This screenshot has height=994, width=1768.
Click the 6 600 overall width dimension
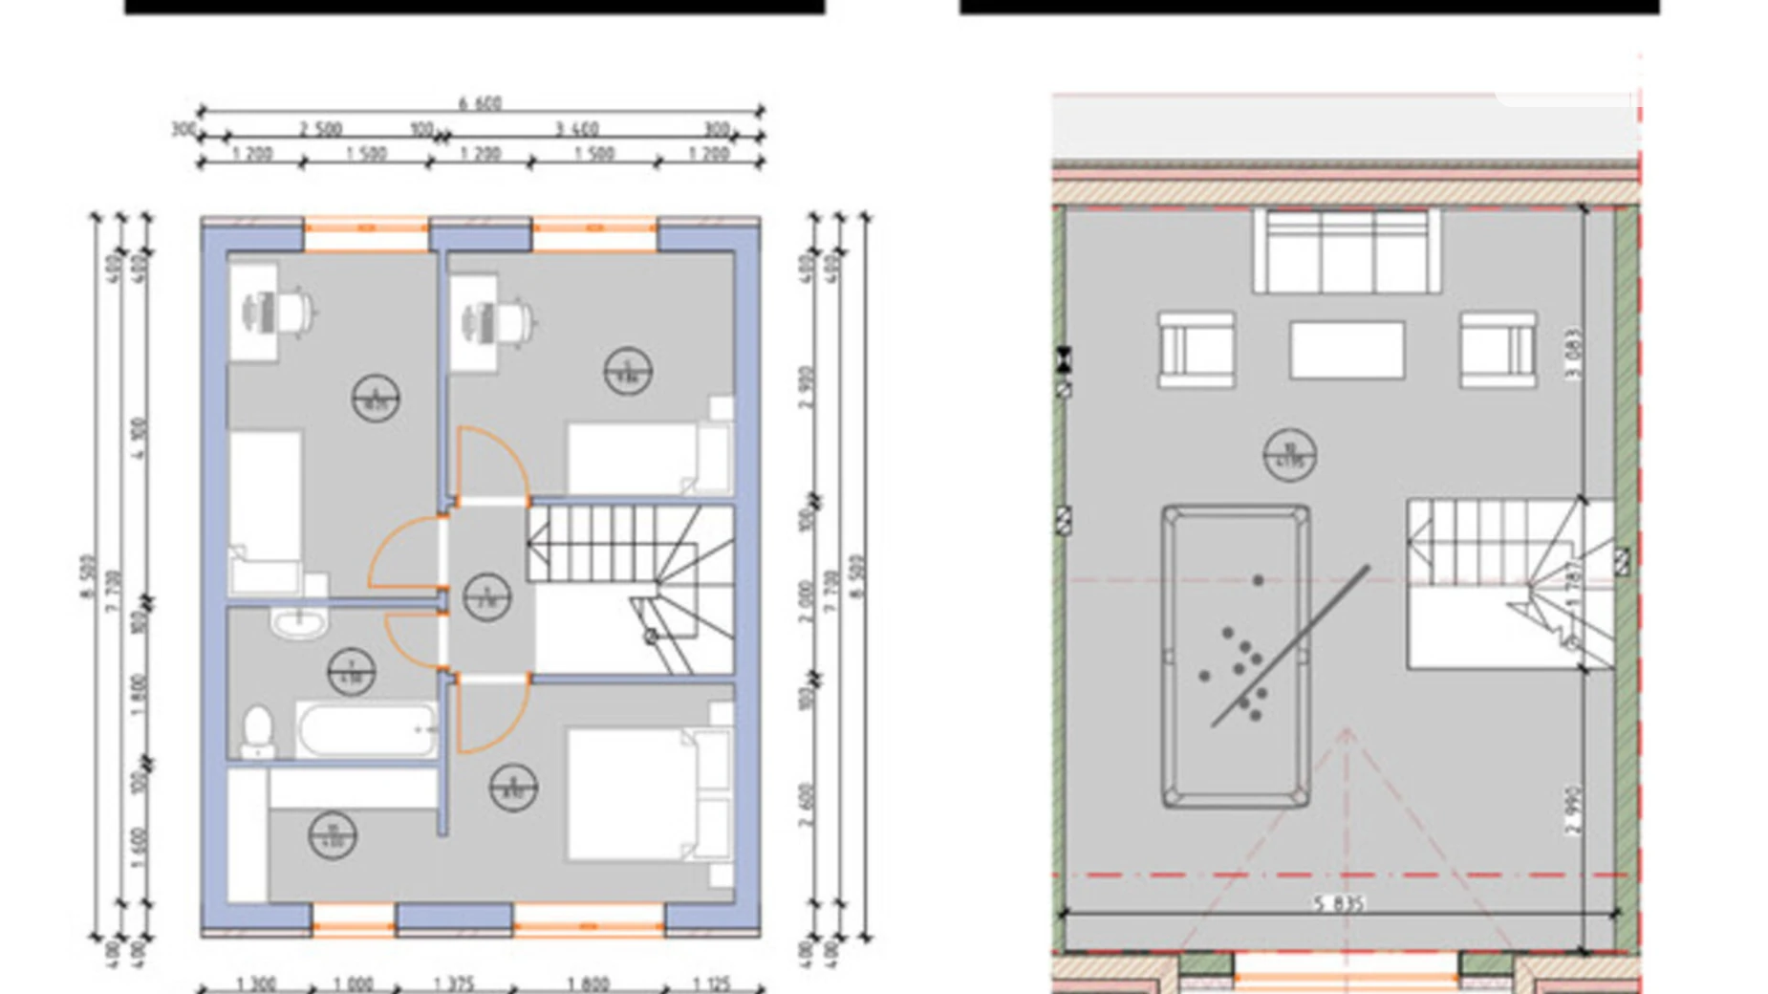(x=480, y=102)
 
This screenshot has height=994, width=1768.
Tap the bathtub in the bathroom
(x=367, y=730)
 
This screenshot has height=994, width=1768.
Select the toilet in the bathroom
(x=257, y=730)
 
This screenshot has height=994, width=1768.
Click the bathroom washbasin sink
(x=299, y=623)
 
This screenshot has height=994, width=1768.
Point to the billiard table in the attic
(x=1235, y=657)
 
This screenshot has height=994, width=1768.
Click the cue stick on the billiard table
(x=1291, y=645)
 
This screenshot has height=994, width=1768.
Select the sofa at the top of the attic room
(x=1346, y=250)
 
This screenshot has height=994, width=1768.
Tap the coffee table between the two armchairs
(x=1347, y=350)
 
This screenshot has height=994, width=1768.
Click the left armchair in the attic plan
(x=1196, y=349)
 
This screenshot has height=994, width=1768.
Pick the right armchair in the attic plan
(x=1498, y=349)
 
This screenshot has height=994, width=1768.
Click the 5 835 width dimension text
(x=1339, y=902)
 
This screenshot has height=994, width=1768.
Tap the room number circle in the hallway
(x=486, y=597)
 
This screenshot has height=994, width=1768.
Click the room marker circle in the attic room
(x=1289, y=455)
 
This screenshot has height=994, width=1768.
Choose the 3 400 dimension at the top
(x=576, y=128)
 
